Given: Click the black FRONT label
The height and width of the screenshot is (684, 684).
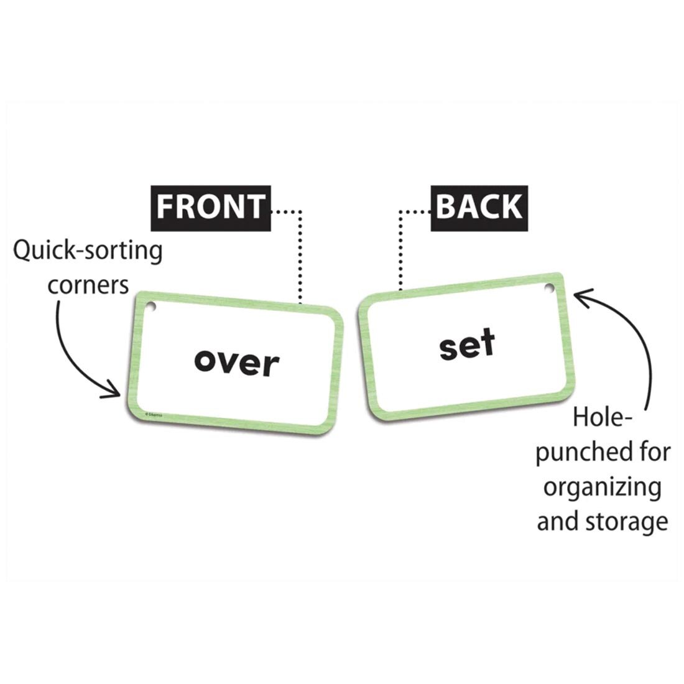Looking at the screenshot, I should tap(210, 206).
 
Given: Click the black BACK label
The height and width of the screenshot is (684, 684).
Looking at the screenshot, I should tap(478, 206).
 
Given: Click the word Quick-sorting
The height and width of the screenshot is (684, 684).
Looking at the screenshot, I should tap(88, 252).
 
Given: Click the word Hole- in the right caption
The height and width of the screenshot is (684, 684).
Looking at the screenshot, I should tap(598, 418).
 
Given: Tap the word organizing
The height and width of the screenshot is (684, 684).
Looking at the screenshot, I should tap(602, 487).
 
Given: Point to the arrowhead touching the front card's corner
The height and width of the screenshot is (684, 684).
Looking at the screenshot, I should tap(116, 391).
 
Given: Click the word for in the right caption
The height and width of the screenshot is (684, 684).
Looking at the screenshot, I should tap(654, 451).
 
